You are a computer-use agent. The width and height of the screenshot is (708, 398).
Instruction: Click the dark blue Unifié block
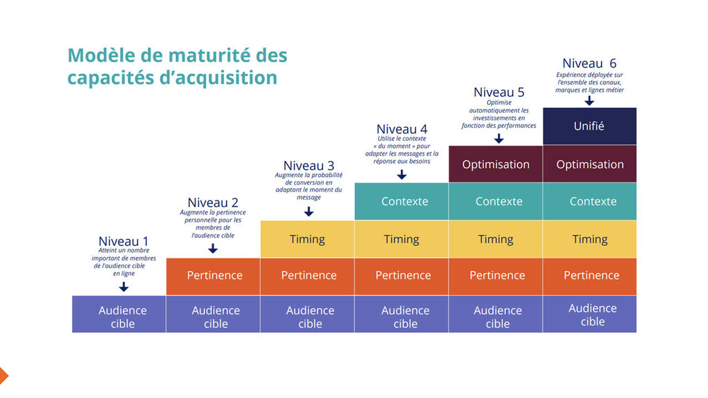coord(589,126)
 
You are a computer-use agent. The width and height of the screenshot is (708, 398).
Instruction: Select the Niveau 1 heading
coord(123,242)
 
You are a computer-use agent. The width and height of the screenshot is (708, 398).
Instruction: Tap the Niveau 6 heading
coord(589,64)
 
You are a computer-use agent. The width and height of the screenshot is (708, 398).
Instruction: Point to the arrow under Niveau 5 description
coord(499,138)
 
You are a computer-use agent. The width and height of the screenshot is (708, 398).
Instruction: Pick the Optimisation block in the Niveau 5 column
coord(495,164)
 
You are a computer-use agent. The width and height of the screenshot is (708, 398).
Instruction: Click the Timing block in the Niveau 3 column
coord(307,239)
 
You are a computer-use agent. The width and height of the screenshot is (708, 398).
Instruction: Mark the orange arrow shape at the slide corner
coord(3,375)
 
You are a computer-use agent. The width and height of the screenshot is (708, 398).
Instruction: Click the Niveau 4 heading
coord(401,129)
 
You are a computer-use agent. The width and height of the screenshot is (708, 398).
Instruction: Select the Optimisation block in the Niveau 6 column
coord(589,164)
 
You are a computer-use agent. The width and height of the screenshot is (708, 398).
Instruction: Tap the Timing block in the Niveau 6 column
coord(589,239)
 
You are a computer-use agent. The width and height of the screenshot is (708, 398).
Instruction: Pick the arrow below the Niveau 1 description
coord(124,287)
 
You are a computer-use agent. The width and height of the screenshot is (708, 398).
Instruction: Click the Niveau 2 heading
coord(213,202)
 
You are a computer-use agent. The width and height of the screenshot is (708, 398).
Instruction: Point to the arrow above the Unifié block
coord(589,101)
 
